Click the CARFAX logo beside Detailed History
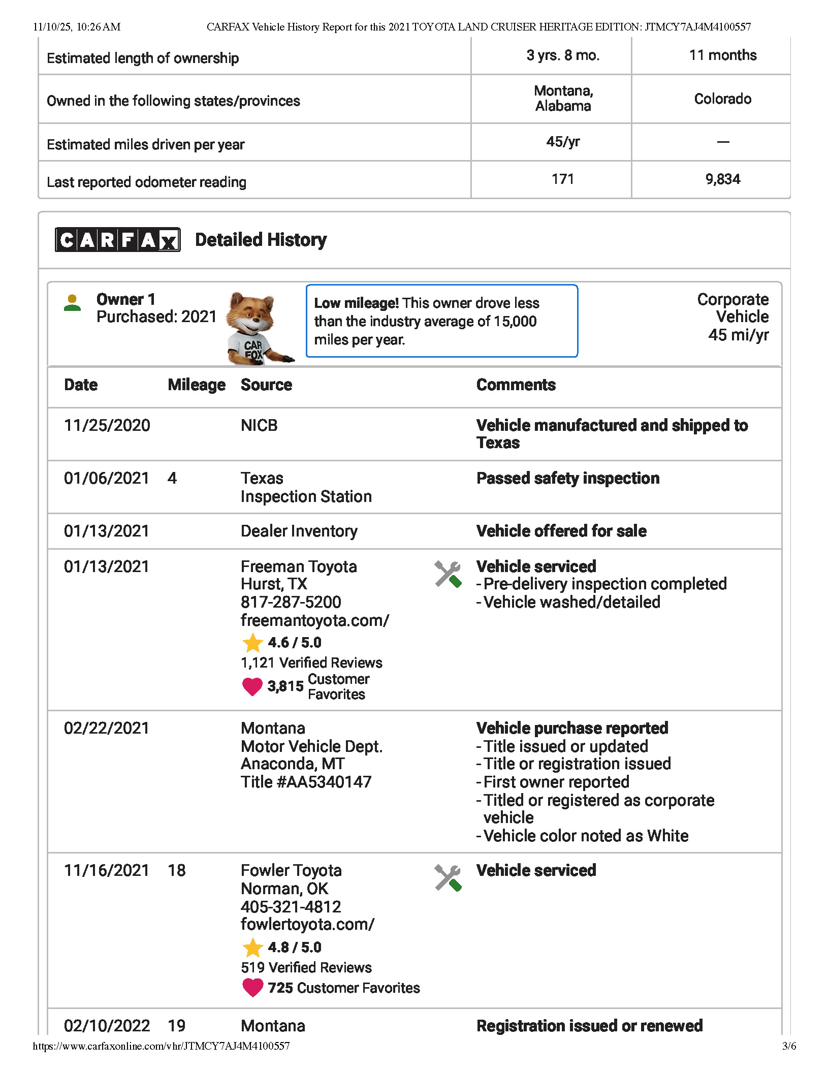click(117, 239)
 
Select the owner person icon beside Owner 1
click(73, 303)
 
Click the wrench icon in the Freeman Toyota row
click(448, 574)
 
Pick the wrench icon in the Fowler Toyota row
click(448, 878)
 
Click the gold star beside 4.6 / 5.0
click(252, 643)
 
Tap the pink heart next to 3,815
click(252, 686)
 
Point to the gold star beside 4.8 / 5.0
click(252, 948)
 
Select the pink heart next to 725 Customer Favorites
click(252, 987)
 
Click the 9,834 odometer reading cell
click(722, 179)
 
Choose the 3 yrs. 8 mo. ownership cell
click(563, 55)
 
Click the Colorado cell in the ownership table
click(722, 99)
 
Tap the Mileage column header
click(197, 385)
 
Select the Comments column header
click(516, 385)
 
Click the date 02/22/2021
click(107, 728)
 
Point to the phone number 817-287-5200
click(291, 602)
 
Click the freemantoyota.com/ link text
click(315, 620)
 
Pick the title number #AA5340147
click(324, 782)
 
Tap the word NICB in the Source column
click(259, 425)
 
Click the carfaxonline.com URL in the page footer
click(161, 1046)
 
